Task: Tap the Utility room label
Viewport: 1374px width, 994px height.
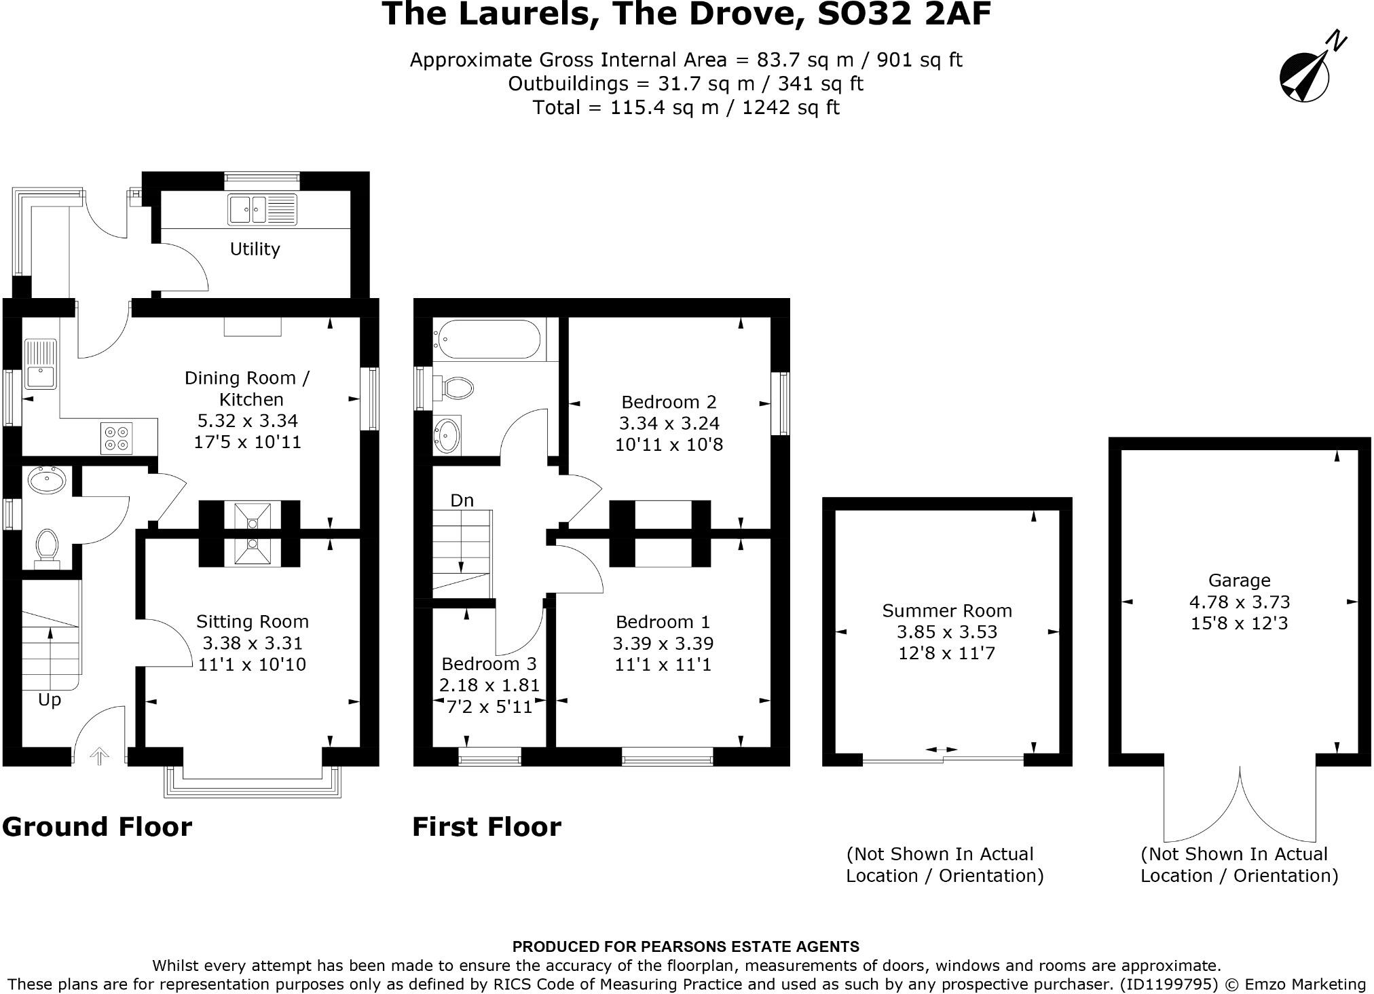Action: coord(255,249)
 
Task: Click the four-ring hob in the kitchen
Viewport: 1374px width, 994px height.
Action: coord(117,438)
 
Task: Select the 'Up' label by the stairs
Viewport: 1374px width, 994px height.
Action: coord(50,700)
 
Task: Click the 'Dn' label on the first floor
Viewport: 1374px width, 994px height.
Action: coord(462,501)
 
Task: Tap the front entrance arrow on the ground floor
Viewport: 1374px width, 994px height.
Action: coord(99,756)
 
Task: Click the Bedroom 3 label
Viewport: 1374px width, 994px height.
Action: coord(489,664)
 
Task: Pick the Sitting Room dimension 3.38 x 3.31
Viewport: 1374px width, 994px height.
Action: coord(252,643)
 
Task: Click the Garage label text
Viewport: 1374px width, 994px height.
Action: coord(1239,581)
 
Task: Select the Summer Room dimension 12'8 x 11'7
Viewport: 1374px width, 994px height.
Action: coord(946,653)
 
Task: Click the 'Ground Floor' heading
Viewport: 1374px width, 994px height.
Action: coord(97,827)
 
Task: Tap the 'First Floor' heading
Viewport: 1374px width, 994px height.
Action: coord(487,827)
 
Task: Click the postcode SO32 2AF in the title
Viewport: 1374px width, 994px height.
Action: coord(904,15)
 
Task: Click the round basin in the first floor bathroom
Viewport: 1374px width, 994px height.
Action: coord(447,435)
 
